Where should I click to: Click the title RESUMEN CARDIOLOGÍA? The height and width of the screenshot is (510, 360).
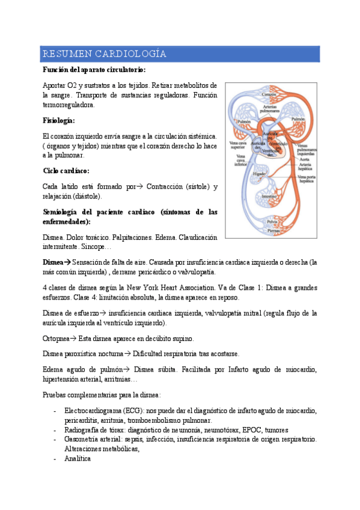tap(104, 54)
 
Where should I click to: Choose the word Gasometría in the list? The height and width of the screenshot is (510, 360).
tap(84, 439)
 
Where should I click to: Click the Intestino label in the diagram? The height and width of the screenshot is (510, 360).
tap(268, 196)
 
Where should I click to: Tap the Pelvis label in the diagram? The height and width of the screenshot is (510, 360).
tap(272, 223)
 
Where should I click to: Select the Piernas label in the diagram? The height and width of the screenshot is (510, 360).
tap(272, 230)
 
